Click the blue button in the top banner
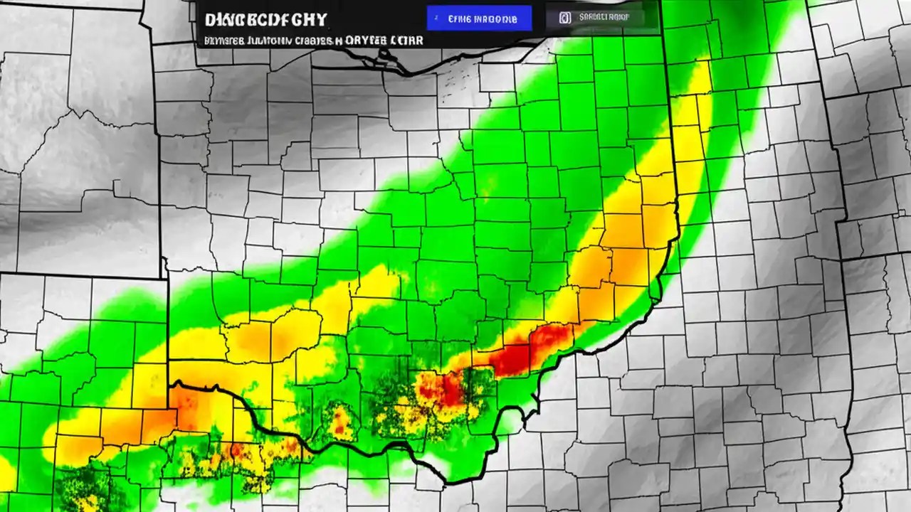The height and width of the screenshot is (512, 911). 478,18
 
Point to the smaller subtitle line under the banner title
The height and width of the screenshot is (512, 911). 313,41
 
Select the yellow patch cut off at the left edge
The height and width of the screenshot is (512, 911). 6,473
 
